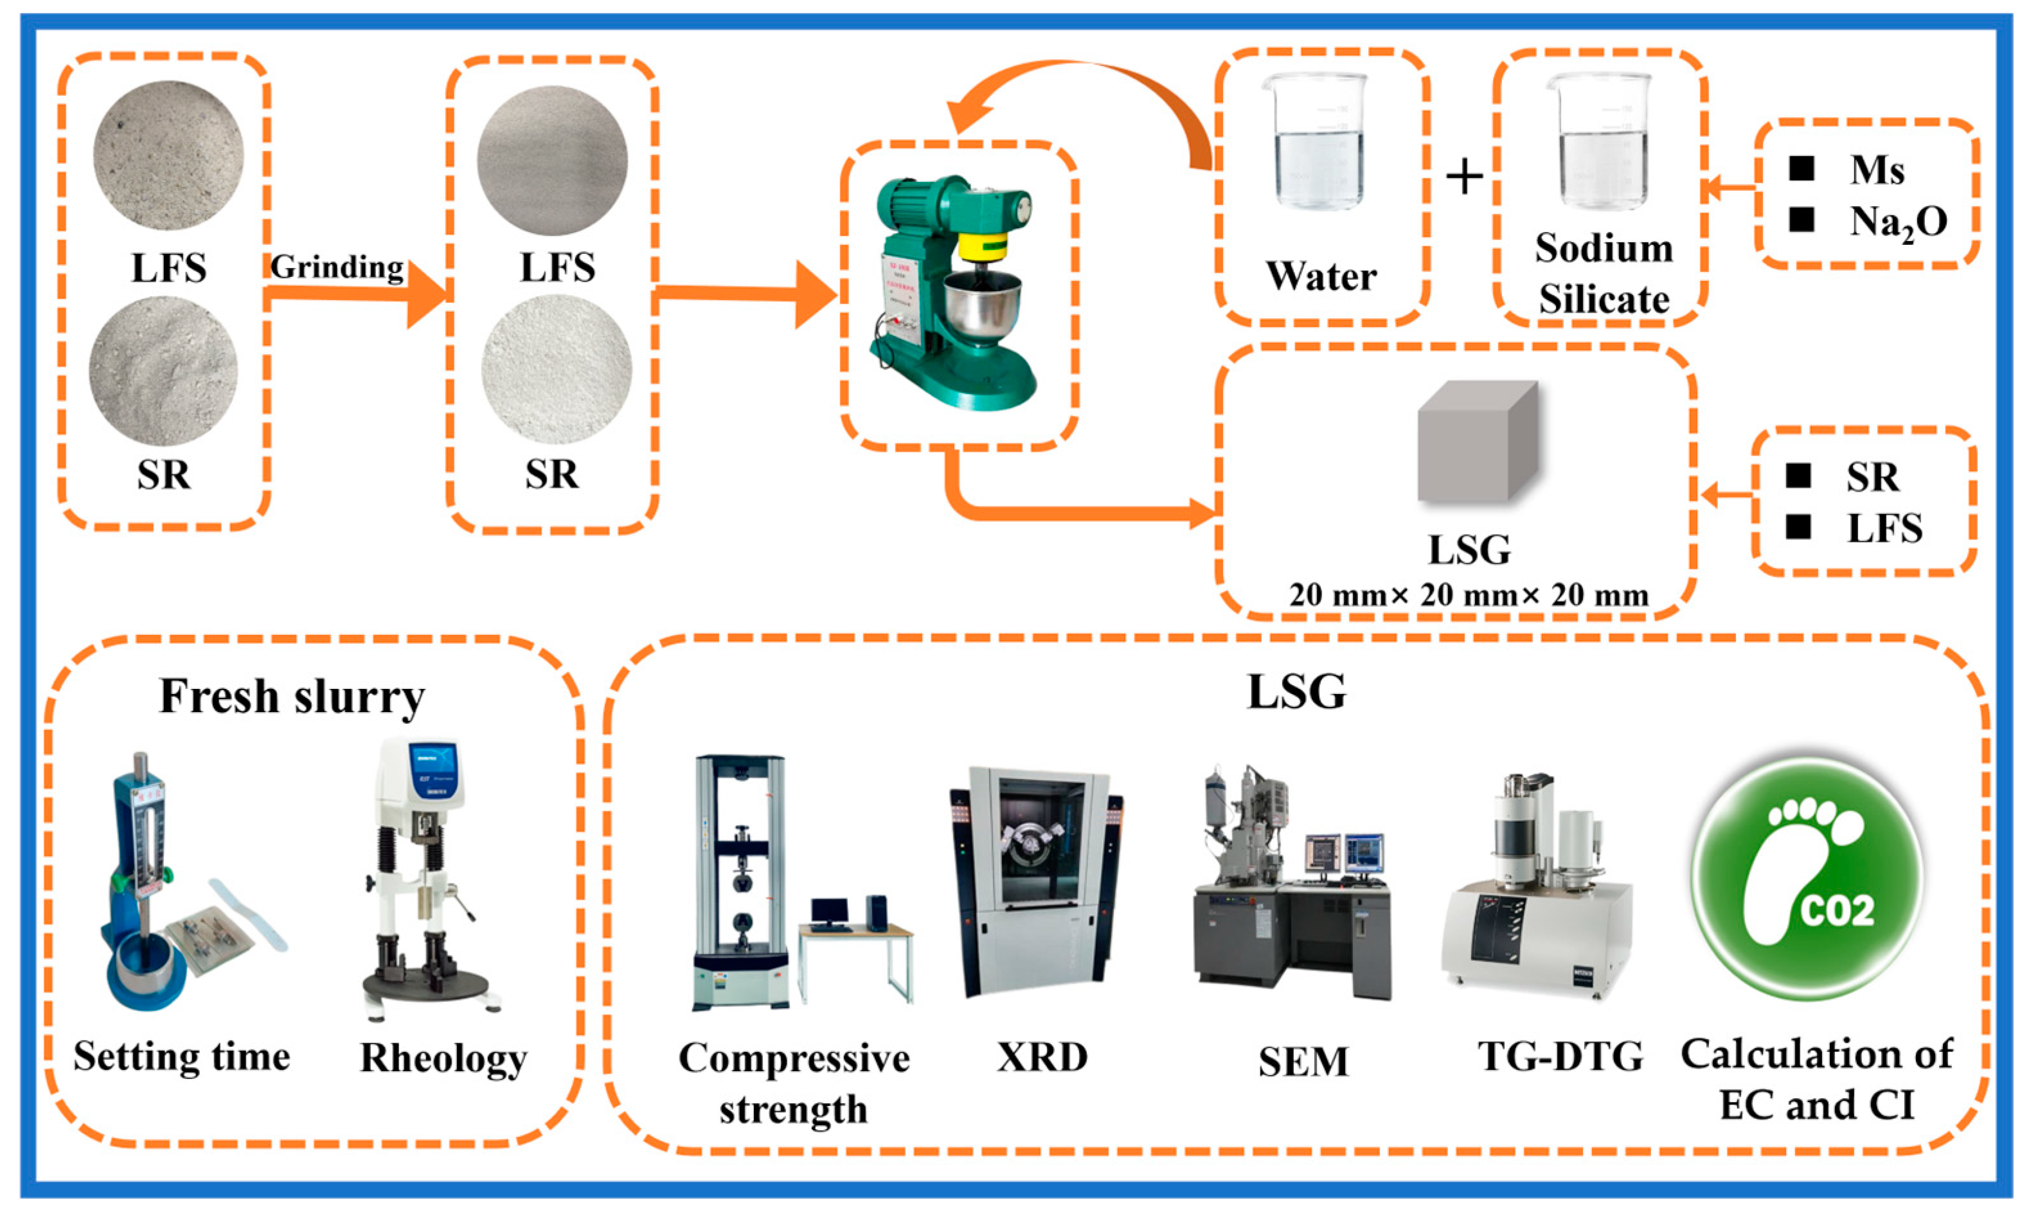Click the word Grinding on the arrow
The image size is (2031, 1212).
336,267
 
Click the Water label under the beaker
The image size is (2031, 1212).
1321,276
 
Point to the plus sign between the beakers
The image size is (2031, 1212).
1464,177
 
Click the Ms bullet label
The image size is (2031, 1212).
1877,170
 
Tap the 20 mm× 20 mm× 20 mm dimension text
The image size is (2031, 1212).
1469,594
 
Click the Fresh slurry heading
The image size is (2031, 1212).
292,697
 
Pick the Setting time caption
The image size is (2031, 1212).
181,1056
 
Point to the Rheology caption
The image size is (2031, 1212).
443,1058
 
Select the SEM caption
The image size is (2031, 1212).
1303,1061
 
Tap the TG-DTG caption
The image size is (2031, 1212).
1560,1056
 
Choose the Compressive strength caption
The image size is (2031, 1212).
794,1083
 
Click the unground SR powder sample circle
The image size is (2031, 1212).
163,371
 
